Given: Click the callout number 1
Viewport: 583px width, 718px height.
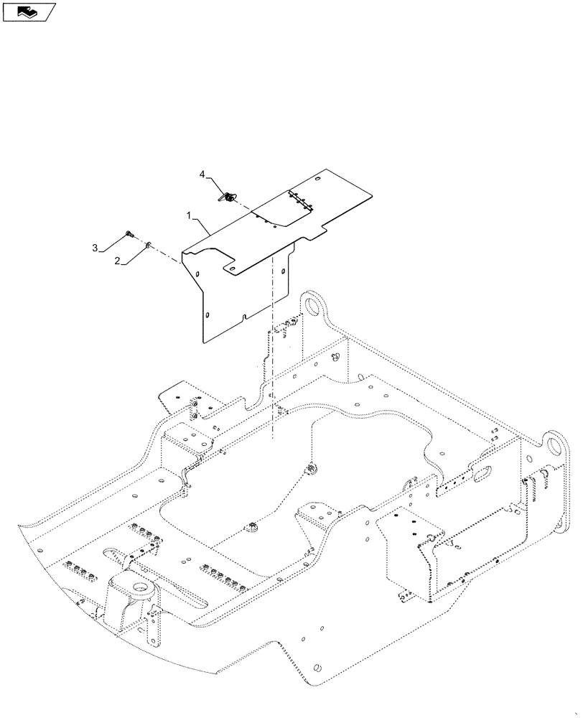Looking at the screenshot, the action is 188,215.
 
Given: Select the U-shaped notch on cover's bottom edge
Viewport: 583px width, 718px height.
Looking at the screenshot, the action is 245,316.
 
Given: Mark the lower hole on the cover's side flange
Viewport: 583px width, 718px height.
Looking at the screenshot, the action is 207,314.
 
